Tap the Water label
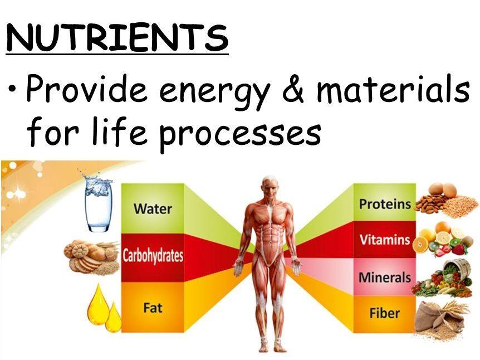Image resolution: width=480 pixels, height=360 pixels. point(153,209)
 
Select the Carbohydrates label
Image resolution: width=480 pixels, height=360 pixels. point(153,257)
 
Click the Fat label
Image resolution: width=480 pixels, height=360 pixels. point(153,307)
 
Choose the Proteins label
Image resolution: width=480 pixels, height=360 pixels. point(385,204)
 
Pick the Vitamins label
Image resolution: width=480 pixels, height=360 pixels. point(385,240)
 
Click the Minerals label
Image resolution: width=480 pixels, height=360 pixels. point(385,277)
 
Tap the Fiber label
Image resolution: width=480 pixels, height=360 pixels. point(385,313)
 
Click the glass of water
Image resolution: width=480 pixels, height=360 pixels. point(99,203)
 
